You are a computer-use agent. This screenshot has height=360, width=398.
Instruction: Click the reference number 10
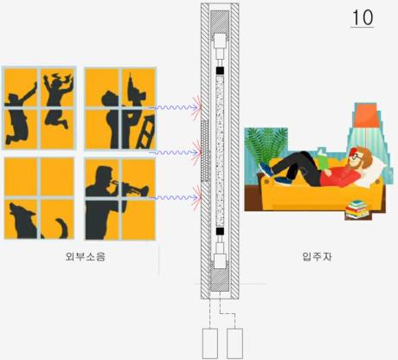(x=363, y=17)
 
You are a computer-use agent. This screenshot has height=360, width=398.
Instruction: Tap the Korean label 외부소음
(x=86, y=256)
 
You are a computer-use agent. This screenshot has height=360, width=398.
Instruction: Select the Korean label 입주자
(x=317, y=256)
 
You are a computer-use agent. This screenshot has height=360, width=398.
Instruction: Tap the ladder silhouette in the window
(x=145, y=132)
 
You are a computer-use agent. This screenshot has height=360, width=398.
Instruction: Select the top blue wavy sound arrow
(x=174, y=107)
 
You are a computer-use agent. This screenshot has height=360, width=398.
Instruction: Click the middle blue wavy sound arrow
(x=174, y=152)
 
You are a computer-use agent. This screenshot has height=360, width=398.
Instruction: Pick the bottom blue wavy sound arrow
(x=174, y=197)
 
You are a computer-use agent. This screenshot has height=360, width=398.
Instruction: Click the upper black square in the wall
(x=220, y=70)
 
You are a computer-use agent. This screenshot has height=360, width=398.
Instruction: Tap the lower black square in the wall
(x=220, y=231)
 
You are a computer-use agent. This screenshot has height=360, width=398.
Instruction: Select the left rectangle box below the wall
(x=210, y=344)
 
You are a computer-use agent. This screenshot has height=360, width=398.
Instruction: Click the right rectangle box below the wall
(x=234, y=344)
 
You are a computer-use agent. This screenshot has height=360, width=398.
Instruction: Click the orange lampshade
(x=366, y=115)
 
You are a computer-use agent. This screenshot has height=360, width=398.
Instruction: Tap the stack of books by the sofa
(x=357, y=209)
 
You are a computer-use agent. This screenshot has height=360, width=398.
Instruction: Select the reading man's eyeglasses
(x=356, y=157)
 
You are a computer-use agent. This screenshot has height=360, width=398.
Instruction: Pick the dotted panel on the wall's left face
(x=205, y=151)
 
